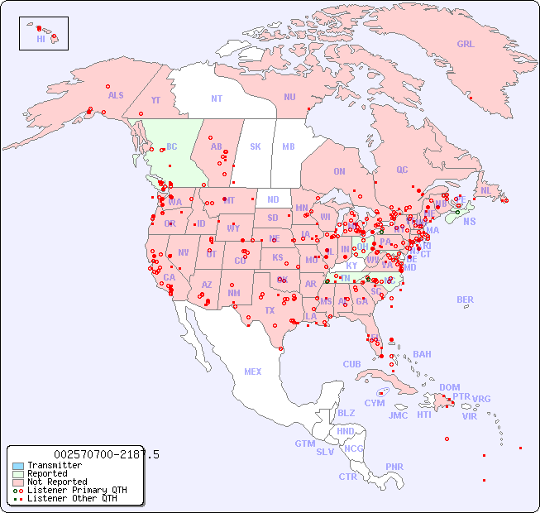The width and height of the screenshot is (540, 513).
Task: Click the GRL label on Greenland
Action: click(466, 45)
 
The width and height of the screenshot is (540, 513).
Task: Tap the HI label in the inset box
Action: click(41, 39)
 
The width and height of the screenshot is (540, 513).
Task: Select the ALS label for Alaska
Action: click(116, 95)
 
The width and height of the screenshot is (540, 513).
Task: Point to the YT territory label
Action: click(155, 100)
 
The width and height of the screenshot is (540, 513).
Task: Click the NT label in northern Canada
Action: click(217, 98)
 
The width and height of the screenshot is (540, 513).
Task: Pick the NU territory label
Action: click(289, 97)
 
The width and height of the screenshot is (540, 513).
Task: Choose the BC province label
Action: click(172, 146)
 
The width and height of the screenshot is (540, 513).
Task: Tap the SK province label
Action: click(256, 146)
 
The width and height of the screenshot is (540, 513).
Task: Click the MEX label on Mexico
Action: click(253, 372)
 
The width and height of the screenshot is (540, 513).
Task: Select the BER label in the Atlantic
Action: click(466, 300)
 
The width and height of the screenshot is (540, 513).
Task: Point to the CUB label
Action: click(351, 364)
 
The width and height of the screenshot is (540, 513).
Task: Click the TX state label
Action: click(269, 310)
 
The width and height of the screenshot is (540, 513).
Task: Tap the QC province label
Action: click(402, 170)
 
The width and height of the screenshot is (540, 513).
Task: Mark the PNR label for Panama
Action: click(394, 467)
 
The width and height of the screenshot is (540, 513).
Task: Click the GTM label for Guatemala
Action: click(304, 443)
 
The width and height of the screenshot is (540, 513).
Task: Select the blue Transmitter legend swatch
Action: click(17, 466)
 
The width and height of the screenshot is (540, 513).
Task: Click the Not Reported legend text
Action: click(57, 482)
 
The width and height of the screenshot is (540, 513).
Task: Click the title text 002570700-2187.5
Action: click(107, 454)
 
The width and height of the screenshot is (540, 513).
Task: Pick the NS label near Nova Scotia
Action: click(469, 221)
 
